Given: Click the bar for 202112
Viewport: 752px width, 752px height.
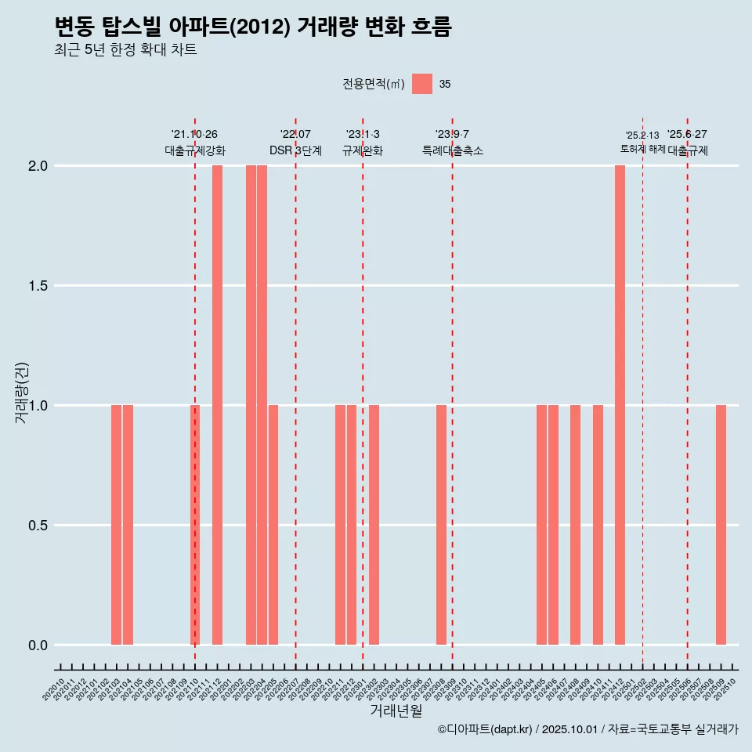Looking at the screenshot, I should [x=217, y=405].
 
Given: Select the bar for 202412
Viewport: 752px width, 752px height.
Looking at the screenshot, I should [x=620, y=405].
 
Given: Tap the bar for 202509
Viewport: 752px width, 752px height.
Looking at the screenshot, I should [x=721, y=525].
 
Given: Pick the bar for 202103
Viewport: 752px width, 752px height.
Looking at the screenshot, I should [x=116, y=525].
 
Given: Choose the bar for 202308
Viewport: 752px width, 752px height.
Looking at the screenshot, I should [x=441, y=525].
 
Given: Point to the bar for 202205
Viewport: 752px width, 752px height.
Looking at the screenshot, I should [x=273, y=525].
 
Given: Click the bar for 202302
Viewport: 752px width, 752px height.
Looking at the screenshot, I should [x=374, y=525].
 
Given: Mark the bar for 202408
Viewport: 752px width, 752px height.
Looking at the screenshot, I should [x=575, y=525].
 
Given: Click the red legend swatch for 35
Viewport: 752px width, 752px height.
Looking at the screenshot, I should [x=422, y=84].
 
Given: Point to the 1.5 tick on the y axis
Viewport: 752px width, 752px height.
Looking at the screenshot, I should [x=37, y=286].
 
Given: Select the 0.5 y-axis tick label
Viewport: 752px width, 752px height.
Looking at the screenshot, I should [x=37, y=526].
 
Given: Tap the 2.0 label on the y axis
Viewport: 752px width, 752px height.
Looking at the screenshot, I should [x=37, y=166].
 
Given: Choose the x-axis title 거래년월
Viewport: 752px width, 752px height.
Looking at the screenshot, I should [x=396, y=711].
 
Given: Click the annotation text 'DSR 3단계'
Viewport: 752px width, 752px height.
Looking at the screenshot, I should [x=295, y=150].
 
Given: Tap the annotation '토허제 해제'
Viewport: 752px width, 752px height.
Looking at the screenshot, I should [x=642, y=149].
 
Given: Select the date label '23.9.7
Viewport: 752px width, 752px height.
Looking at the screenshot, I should [x=452, y=135].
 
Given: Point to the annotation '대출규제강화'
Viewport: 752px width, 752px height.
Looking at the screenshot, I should [x=195, y=150].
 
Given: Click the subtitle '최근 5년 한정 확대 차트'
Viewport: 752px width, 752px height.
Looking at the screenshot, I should [x=125, y=50].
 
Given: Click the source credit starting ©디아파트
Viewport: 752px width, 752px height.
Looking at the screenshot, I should [x=587, y=729].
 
